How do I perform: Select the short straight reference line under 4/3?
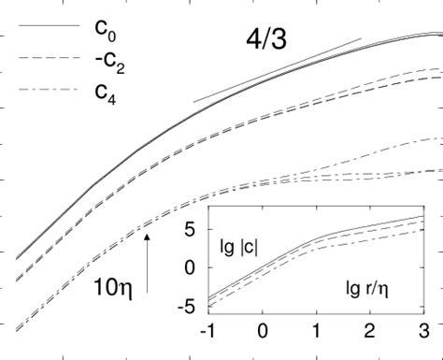(x=277, y=70)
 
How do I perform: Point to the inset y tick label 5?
(x=193, y=228)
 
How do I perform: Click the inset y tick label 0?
(x=193, y=267)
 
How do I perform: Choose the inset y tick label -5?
(x=188, y=306)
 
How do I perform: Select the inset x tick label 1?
(x=318, y=332)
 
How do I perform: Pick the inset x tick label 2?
(x=371, y=332)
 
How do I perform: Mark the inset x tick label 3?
(x=423, y=332)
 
